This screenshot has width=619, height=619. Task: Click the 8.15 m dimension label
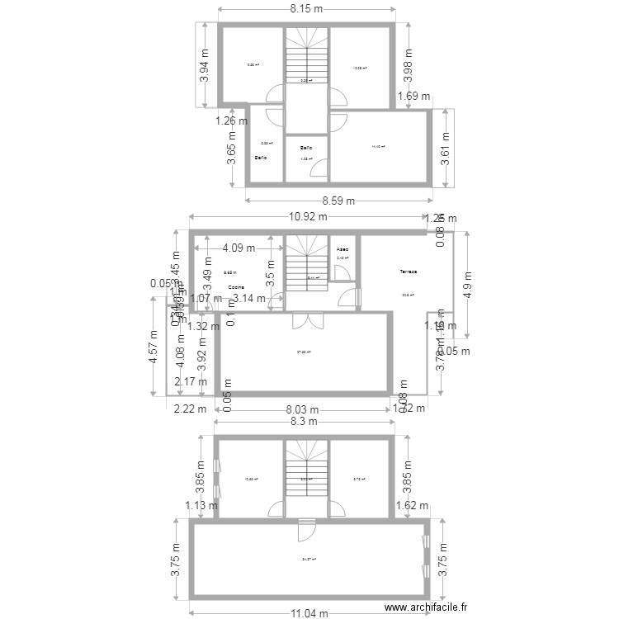[305, 9]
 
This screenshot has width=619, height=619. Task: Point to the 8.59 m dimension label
[338, 201]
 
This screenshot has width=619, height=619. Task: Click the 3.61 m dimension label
[447, 149]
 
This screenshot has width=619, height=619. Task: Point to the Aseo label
[343, 248]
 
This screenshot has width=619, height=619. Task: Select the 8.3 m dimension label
[305, 421]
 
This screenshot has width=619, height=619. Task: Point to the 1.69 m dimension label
[413, 97]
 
